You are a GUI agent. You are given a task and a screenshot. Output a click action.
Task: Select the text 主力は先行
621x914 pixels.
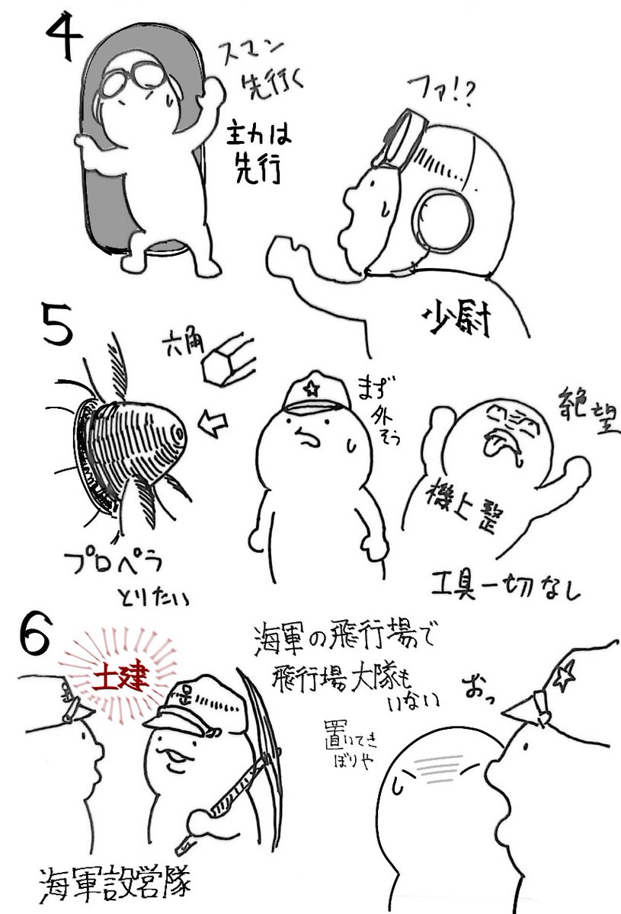click(255, 156)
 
